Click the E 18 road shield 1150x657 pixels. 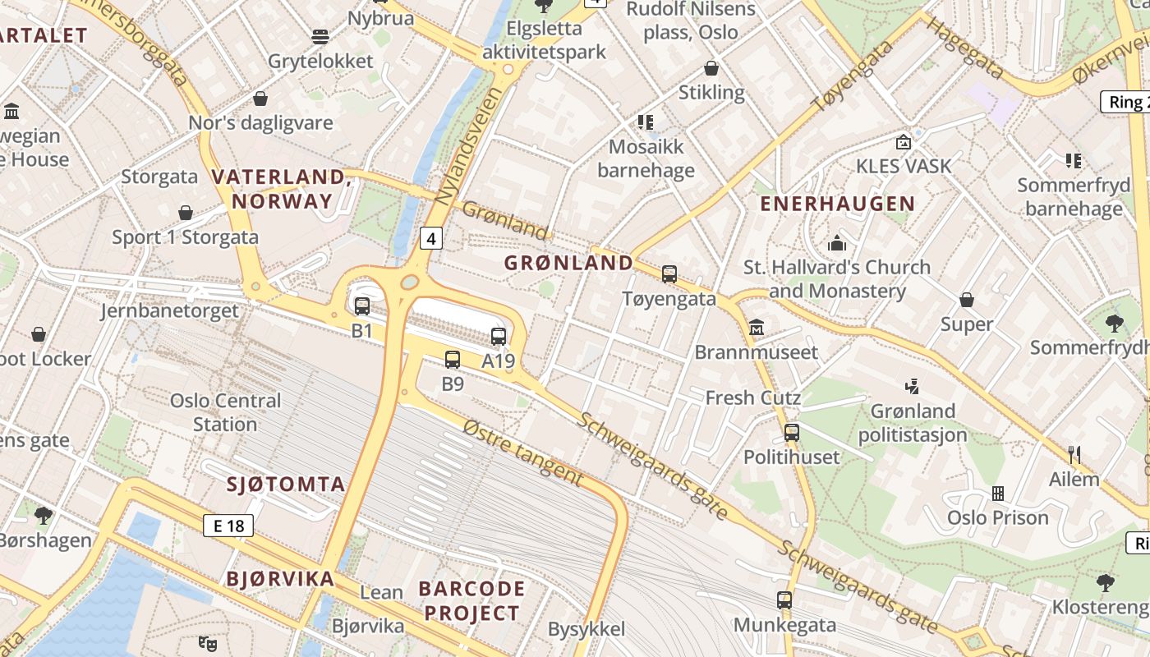click(x=228, y=526)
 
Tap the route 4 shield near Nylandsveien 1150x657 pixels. click(x=431, y=238)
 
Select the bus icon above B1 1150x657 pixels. click(x=362, y=306)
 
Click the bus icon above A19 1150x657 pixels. click(x=499, y=336)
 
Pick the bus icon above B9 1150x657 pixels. click(x=453, y=359)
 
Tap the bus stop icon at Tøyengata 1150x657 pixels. click(x=669, y=274)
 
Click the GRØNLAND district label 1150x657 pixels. click(x=568, y=263)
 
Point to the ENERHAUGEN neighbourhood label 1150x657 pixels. click(x=837, y=204)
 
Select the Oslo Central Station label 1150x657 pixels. click(x=225, y=412)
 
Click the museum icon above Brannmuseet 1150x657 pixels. click(x=757, y=328)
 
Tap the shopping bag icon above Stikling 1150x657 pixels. click(x=711, y=68)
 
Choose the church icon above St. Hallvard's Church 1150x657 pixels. click(x=837, y=243)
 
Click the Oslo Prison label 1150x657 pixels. click(x=997, y=517)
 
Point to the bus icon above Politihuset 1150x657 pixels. click(x=792, y=432)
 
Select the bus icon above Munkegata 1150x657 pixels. click(x=784, y=600)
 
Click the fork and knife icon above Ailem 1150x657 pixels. click(x=1074, y=454)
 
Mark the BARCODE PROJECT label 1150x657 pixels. click(x=471, y=600)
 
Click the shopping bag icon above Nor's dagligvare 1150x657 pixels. click(x=260, y=99)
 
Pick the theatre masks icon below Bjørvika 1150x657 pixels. click(x=208, y=644)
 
